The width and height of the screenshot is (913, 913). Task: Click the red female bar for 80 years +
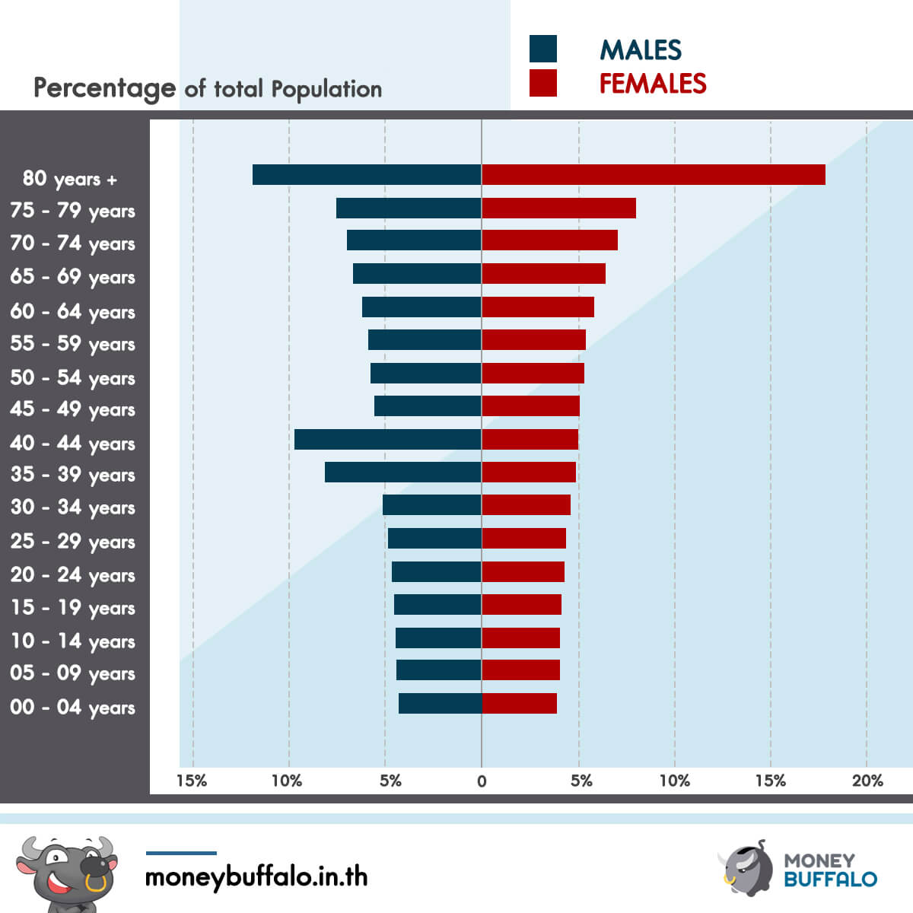(x=654, y=174)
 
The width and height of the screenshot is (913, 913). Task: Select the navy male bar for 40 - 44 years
(x=388, y=439)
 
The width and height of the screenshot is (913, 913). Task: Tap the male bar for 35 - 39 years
(x=403, y=472)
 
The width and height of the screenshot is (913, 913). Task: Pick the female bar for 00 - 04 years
(x=520, y=703)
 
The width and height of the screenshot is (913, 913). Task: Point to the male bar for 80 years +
(x=367, y=174)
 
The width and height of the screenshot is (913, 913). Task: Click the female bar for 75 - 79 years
(x=559, y=208)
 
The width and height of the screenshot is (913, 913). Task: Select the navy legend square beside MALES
(x=543, y=49)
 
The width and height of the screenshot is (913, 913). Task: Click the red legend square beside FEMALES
(x=543, y=83)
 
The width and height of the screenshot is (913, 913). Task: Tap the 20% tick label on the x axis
(x=867, y=781)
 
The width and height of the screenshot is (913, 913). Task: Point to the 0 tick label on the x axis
(x=482, y=781)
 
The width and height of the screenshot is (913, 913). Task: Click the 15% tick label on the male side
(x=192, y=781)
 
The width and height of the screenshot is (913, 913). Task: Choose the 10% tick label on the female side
(x=675, y=781)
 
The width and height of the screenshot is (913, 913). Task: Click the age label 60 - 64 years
(x=72, y=312)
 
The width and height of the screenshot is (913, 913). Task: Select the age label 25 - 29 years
(x=72, y=541)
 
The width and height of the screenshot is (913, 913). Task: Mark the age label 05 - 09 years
(x=72, y=673)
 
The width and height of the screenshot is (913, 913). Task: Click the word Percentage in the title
(x=105, y=89)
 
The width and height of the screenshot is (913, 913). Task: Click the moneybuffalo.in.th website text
(x=256, y=877)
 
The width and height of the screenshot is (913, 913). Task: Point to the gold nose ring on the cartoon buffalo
(x=96, y=883)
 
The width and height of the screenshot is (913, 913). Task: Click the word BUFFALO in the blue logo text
(x=831, y=880)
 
